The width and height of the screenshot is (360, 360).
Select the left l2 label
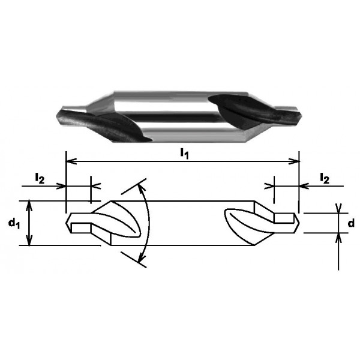40,178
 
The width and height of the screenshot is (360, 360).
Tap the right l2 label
325,178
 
